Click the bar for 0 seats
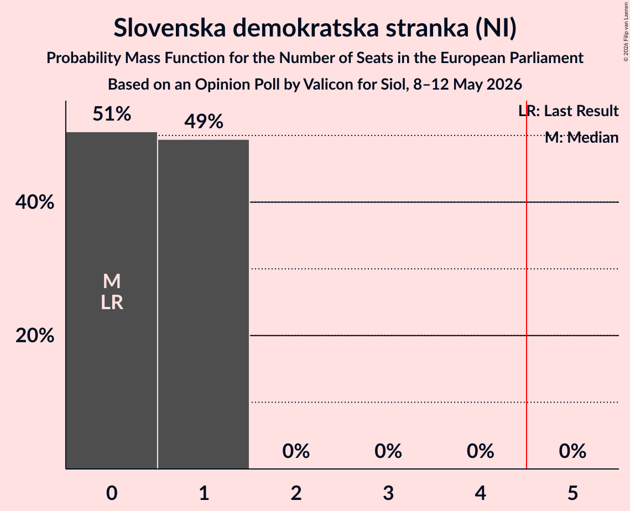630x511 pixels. (112, 300)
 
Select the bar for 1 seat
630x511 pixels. (204, 304)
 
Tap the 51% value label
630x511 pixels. (112, 114)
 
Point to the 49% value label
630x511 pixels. (204, 121)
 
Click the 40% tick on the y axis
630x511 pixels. (34, 202)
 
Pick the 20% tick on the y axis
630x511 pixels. (34, 336)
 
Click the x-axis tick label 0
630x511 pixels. (112, 493)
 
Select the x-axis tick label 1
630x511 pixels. (204, 493)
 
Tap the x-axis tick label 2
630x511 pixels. (296, 493)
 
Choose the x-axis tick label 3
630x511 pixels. (388, 493)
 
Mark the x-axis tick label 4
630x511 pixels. (481, 493)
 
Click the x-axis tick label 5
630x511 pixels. (572, 493)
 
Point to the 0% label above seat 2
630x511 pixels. (296, 451)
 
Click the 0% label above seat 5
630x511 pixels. (572, 451)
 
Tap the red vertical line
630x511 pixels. (527, 284)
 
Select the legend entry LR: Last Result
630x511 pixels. (569, 111)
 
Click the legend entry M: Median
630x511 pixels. (582, 138)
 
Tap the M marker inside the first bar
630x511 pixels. (112, 281)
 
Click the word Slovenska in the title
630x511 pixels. (170, 28)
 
